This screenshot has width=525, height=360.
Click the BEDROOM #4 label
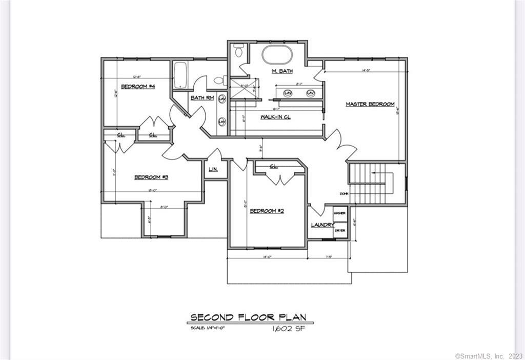138,86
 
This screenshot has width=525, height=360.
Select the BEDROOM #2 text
267,211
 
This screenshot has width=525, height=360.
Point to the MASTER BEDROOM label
370,104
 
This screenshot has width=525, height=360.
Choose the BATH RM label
202,98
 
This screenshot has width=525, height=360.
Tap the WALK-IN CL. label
275,117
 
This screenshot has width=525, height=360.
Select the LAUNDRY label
322,225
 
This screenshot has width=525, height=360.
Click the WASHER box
339,213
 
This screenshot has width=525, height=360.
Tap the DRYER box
339,231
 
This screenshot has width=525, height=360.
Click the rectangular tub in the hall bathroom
180,75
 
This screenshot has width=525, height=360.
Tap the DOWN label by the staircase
344,193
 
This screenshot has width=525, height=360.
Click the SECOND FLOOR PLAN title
248,317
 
